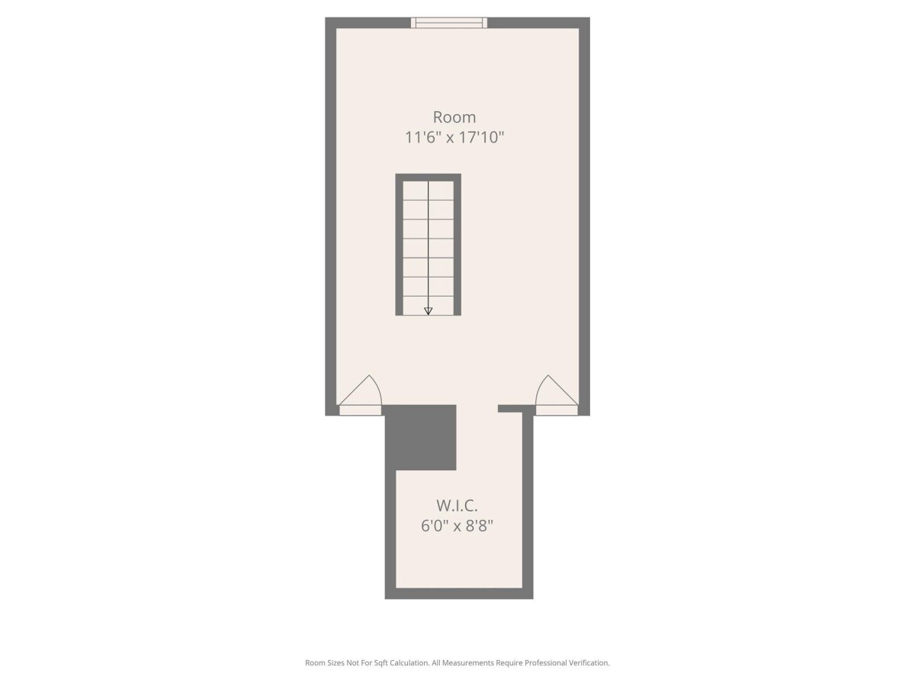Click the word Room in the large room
click(454, 117)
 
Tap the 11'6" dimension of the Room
click(423, 137)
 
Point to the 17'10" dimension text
click(482, 137)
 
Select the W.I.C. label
click(457, 505)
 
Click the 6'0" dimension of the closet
click(435, 526)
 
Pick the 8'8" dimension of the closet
click(480, 526)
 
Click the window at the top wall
click(449, 23)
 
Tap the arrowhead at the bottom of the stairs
click(428, 311)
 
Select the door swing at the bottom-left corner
click(361, 390)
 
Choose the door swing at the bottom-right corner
click(557, 390)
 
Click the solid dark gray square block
click(420, 438)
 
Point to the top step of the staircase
click(428, 191)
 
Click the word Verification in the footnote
click(589, 662)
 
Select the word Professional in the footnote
click(546, 662)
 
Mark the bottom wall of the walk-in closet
click(458, 594)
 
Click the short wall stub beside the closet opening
click(510, 409)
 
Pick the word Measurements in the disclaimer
click(467, 662)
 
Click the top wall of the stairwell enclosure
click(428, 178)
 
